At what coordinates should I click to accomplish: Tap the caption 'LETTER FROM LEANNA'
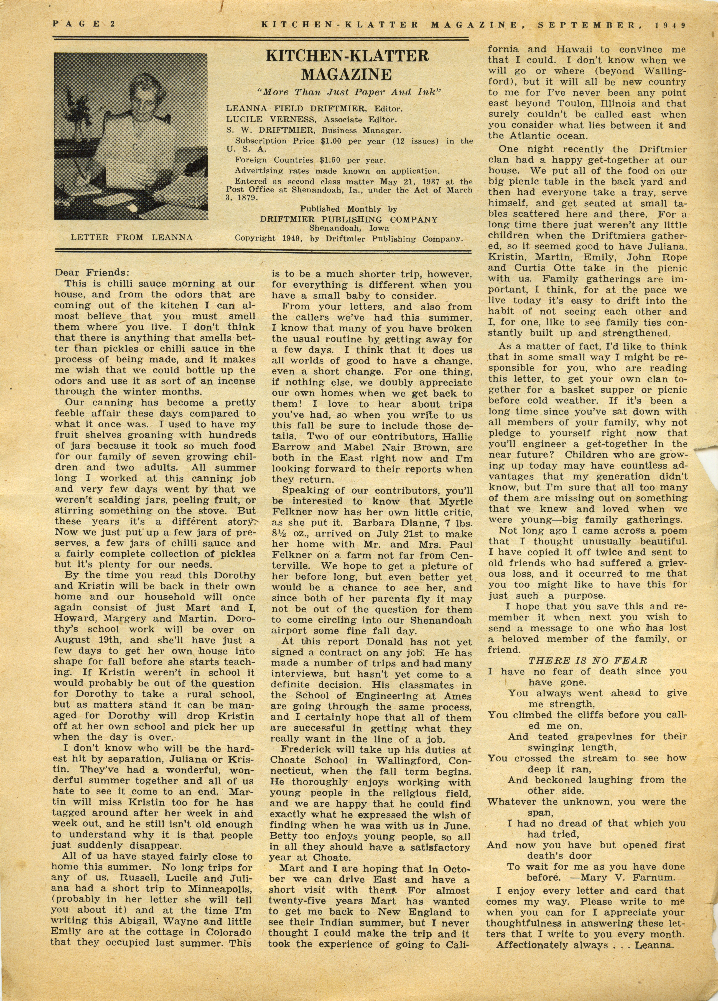(x=132, y=237)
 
